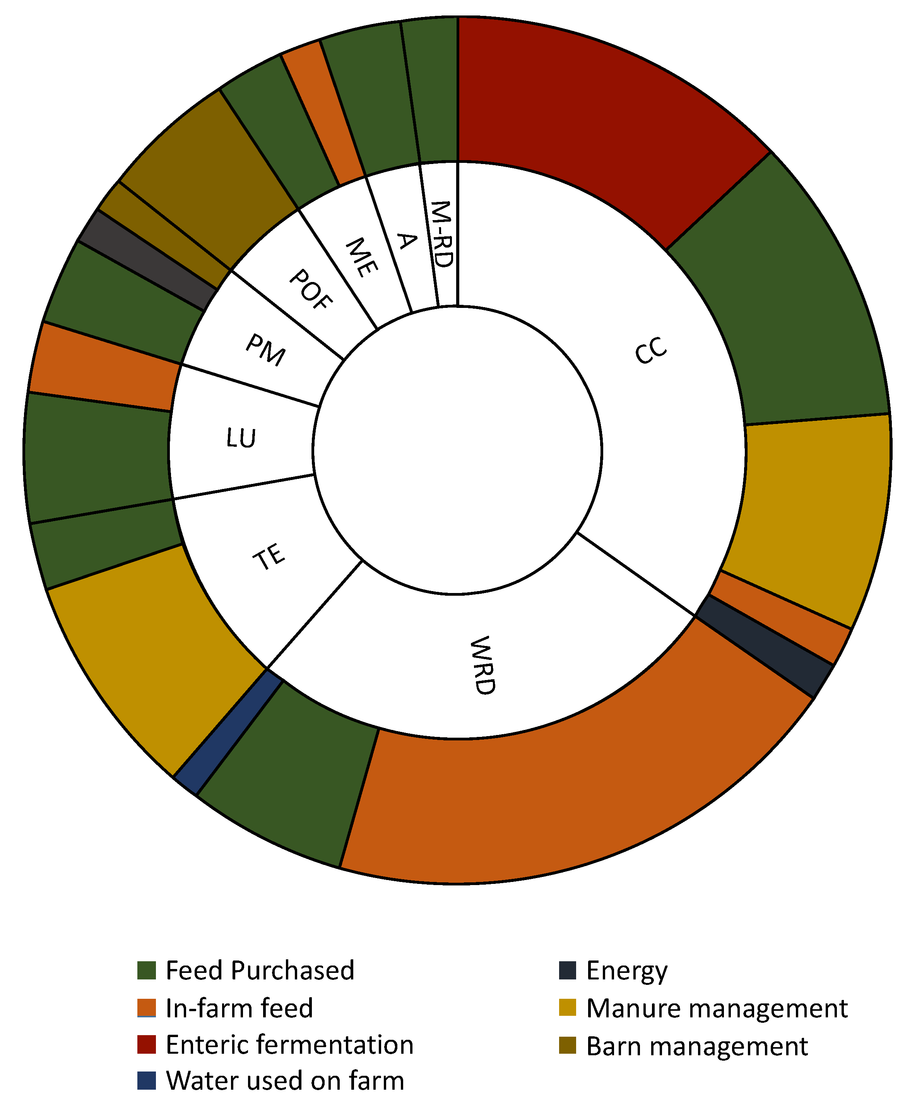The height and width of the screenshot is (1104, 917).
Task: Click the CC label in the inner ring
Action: point(650,350)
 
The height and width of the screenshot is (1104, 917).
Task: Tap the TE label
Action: point(269,557)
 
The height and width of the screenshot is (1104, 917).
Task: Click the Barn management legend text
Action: point(697,1046)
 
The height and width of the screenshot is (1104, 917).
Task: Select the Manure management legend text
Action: point(717,1008)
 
